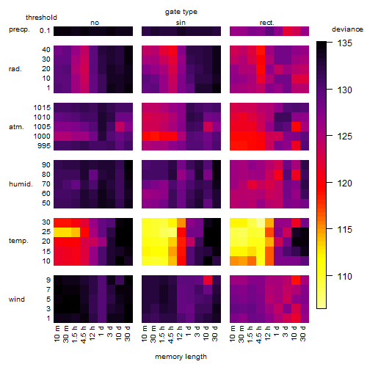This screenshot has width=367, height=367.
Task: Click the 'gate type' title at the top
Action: tap(181, 12)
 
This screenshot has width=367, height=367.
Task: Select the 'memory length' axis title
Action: tap(181, 357)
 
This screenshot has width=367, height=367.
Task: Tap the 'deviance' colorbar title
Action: tap(347, 29)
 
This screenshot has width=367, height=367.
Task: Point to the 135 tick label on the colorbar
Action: tap(345, 43)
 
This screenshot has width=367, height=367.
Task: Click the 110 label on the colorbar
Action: tap(345, 277)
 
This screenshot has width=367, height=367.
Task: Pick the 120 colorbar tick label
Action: tap(345, 183)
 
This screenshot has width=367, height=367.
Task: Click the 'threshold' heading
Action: tap(41, 18)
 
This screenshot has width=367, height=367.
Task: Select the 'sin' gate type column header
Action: tap(181, 23)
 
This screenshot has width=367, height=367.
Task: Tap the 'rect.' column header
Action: tap(267, 23)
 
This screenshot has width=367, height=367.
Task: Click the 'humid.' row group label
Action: tap(21, 184)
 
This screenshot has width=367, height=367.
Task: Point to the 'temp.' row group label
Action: tap(18, 241)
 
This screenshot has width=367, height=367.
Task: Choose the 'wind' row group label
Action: tap(17, 299)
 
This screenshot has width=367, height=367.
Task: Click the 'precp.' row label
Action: tap(19, 29)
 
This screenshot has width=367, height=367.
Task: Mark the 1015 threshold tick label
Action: tap(42, 108)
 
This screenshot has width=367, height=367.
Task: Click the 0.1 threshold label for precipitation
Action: tap(45, 31)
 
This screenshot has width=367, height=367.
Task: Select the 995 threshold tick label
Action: tap(44, 146)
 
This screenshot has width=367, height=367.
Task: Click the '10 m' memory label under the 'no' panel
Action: tap(57, 333)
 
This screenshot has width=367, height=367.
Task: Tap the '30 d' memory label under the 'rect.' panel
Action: tap(303, 333)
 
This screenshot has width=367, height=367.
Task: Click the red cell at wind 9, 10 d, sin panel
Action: tap(208, 280)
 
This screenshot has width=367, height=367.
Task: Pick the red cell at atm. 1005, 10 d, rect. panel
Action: tap(296, 126)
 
